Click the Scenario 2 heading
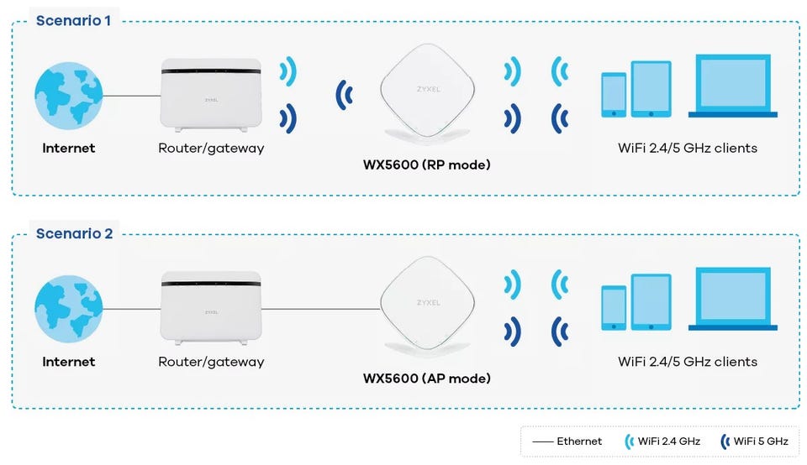coord(74,232)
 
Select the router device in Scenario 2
coord(210,309)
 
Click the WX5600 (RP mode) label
coord(426,165)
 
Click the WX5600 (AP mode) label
coord(426,378)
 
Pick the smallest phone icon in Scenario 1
coord(614,95)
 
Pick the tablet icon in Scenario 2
coord(651,302)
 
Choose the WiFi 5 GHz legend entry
coord(754,441)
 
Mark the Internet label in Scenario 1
coord(68,149)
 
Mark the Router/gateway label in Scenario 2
coord(211,362)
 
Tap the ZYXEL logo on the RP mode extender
coord(428,88)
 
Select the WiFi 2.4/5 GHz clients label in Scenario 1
coord(687,149)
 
